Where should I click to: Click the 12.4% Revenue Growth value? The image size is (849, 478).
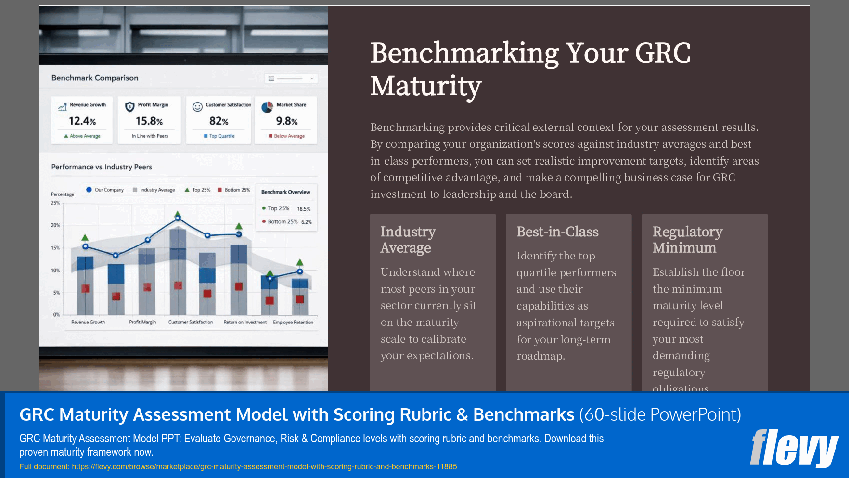pos(82,121)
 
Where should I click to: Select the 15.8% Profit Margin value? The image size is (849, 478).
pos(149,121)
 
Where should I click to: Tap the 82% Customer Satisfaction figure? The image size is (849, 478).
pos(219,121)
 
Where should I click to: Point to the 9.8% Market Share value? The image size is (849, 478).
pos(287,121)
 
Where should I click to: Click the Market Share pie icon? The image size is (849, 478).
pos(267,107)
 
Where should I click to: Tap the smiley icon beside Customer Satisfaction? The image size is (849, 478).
pos(197,107)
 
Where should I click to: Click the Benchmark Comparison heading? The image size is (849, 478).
pos(95,78)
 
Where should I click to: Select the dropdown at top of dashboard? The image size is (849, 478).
pos(291,78)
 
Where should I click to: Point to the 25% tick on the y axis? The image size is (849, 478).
pos(56,203)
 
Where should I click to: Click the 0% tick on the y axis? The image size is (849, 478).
pos(57,315)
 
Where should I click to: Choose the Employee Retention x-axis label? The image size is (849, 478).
pos(293,323)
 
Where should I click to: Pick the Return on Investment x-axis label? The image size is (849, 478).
pos(245,323)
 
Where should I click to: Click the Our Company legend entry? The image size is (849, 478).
pos(105,190)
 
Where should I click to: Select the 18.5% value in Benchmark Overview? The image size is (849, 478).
pos(304,209)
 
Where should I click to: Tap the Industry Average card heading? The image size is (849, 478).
pos(408,240)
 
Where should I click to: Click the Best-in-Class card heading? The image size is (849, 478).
pos(557,232)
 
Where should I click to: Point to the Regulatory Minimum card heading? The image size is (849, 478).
pos(687,240)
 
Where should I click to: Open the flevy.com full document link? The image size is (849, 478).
pos(264,466)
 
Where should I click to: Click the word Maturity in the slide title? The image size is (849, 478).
pos(426,87)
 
